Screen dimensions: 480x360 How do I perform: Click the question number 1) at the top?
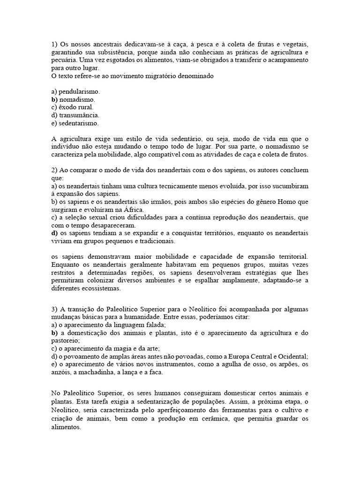[x=54, y=45]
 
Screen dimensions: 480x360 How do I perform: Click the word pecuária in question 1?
[x=64, y=60]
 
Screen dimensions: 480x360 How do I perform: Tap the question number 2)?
[x=54, y=170]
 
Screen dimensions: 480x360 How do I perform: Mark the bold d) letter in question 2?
[x=54, y=233]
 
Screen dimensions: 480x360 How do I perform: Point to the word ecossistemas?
[x=98, y=289]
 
